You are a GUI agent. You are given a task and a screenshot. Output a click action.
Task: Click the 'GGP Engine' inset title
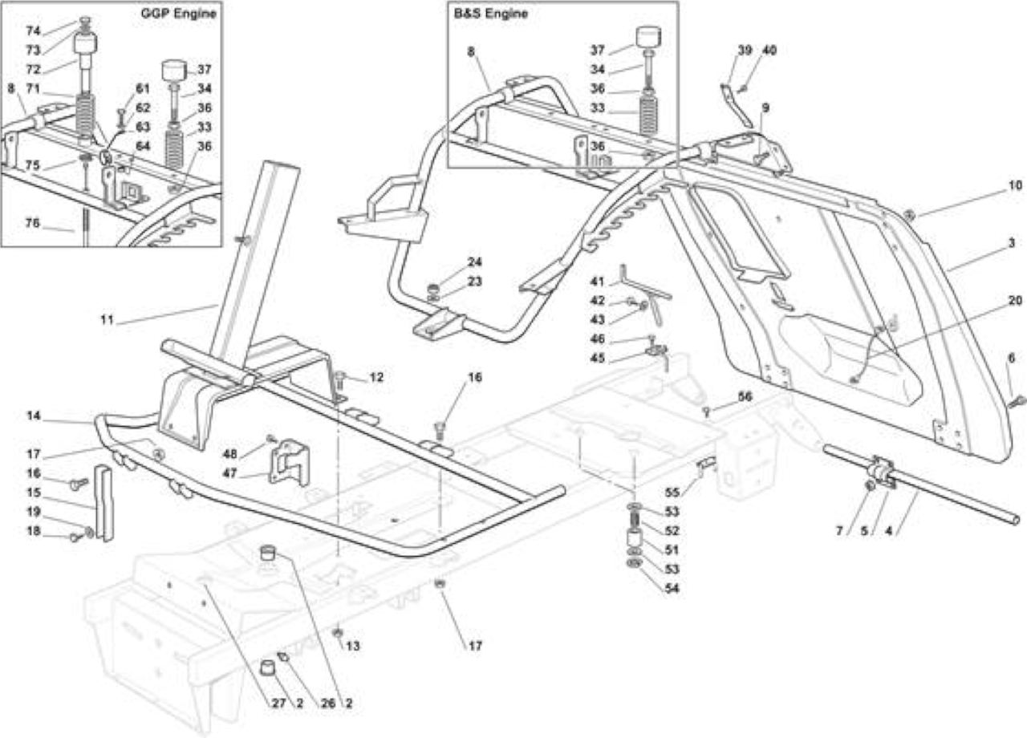[178, 13]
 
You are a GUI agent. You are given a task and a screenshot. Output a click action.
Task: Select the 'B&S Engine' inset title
[490, 14]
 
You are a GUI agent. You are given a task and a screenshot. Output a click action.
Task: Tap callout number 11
[107, 319]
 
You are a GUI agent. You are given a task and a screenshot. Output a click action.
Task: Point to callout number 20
[1015, 300]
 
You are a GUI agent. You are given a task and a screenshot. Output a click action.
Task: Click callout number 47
[229, 473]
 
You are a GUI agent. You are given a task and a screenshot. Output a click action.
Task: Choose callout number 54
[672, 588]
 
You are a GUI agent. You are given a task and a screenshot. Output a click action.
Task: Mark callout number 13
[352, 646]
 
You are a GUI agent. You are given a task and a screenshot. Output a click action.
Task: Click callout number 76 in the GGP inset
[33, 223]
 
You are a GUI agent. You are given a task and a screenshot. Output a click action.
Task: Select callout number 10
[1015, 185]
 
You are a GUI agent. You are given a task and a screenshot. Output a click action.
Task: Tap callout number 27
[279, 704]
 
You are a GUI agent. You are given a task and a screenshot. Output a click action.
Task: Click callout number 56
[745, 396]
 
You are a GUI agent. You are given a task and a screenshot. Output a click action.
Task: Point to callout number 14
[34, 416]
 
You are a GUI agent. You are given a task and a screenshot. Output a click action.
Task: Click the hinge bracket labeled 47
[290, 462]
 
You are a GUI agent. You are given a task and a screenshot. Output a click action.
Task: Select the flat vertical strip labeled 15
[104, 503]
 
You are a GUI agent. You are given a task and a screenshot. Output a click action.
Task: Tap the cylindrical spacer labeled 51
[634, 537]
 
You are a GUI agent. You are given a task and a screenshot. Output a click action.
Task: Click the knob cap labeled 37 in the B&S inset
[649, 37]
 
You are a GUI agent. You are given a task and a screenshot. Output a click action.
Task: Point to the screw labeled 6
[1017, 402]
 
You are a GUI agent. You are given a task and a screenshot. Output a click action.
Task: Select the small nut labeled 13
[338, 633]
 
